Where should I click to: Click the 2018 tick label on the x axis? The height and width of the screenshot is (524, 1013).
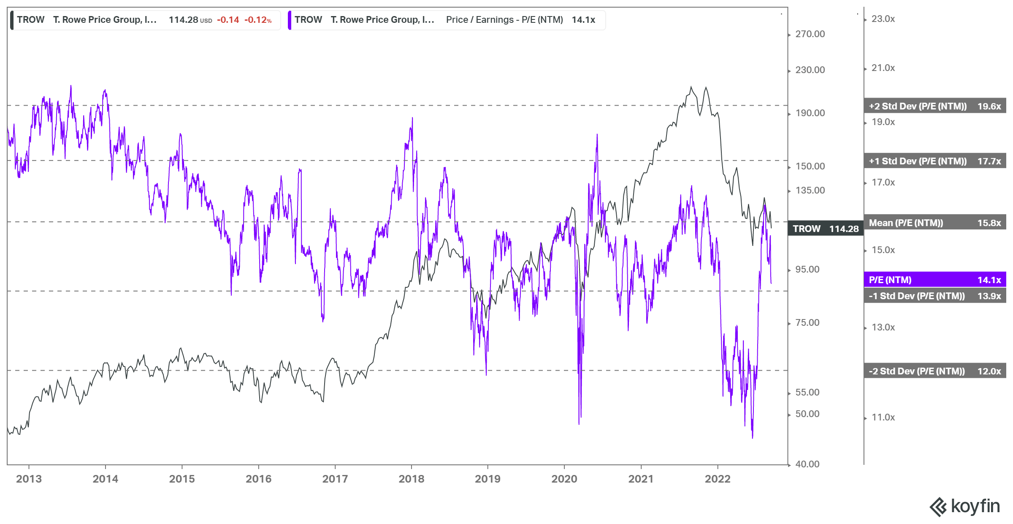tap(411, 479)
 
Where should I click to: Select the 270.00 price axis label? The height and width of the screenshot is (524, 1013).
tap(810, 34)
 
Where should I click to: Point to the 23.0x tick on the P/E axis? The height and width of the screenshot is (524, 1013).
tap(883, 19)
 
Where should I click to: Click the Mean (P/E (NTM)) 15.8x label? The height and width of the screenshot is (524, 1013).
tap(934, 223)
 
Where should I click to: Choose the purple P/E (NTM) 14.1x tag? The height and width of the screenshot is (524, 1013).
tap(934, 280)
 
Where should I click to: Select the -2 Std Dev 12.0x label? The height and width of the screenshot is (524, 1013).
tap(934, 371)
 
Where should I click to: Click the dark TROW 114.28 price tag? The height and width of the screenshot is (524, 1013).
tap(825, 229)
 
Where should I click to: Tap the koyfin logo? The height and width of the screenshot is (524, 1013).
tap(964, 506)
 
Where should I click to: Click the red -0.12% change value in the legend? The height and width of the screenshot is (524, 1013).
tap(258, 20)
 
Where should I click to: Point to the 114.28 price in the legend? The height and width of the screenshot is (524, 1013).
tap(183, 20)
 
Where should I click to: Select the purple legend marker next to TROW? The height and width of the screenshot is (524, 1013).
tap(290, 20)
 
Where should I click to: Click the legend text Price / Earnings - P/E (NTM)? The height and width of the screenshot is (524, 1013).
tap(504, 20)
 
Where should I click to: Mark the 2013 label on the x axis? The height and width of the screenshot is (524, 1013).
tap(29, 479)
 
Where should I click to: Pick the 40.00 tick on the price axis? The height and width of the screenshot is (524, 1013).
tap(807, 464)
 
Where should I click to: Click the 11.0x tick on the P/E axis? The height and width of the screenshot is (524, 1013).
tap(883, 417)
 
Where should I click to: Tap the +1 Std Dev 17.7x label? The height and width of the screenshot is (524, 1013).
tap(934, 161)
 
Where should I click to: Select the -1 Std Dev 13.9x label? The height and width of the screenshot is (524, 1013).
tap(934, 296)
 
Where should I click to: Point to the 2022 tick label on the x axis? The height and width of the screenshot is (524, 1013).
tap(718, 479)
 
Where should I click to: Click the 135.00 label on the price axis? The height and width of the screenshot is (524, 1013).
tap(810, 190)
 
